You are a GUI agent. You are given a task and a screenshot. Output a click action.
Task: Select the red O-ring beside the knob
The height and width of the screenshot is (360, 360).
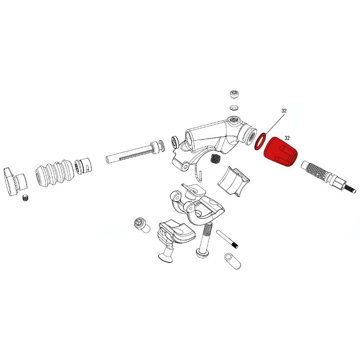[260, 142]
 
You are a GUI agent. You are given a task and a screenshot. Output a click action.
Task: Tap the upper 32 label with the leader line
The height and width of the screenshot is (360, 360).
[284, 111]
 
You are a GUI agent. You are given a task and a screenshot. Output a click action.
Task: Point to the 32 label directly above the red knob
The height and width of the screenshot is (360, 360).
[287, 138]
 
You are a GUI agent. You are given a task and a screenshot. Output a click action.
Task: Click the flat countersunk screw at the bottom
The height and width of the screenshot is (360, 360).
[167, 254]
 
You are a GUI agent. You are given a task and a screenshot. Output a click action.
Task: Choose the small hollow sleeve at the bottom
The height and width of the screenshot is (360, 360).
[231, 261]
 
